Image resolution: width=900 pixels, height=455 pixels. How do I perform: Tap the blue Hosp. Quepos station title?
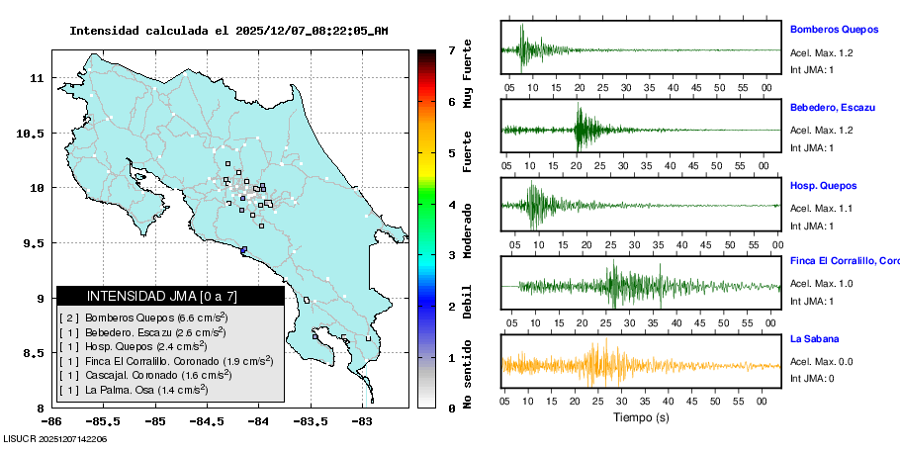(x=823, y=185)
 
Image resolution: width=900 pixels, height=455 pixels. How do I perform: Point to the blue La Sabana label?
(x=814, y=339)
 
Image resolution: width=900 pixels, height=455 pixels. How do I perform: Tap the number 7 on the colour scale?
(x=450, y=49)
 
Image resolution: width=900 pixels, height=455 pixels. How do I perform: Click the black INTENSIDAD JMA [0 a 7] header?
(x=170, y=296)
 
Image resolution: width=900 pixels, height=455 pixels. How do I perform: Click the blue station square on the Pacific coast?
(x=243, y=249)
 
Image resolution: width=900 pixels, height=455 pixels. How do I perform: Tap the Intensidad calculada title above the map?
(x=227, y=31)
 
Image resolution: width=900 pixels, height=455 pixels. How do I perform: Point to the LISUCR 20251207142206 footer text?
(x=55, y=438)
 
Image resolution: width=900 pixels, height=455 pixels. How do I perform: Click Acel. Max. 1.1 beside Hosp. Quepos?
(x=822, y=208)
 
